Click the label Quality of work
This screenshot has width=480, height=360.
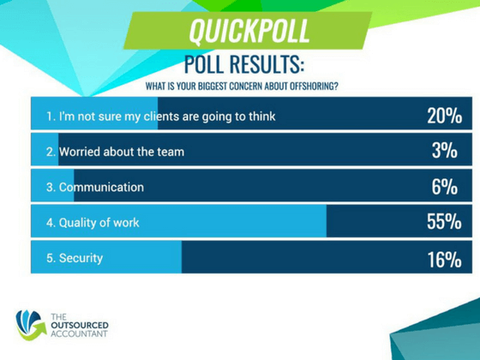click(x=99, y=223)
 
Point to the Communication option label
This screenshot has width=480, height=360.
click(x=100, y=187)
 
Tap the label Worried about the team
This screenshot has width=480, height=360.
click(x=121, y=152)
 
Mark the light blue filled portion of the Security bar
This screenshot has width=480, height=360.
click(x=137, y=258)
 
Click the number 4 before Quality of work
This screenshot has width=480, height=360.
click(x=50, y=223)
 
